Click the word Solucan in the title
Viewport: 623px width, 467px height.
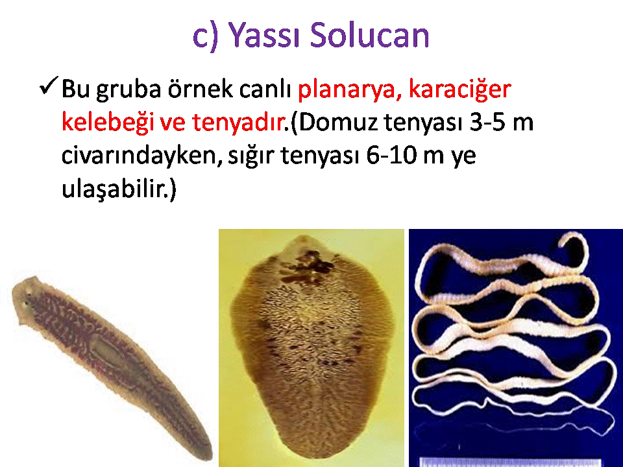click(369, 35)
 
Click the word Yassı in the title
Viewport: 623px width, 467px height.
click(264, 35)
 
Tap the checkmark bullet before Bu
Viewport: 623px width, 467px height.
click(49, 86)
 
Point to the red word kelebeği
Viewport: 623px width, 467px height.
click(107, 121)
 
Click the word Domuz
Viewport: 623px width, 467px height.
click(337, 123)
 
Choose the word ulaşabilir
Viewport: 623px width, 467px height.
click(114, 188)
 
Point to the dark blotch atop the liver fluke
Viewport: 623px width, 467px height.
click(308, 266)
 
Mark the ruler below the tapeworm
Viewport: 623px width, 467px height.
click(511, 462)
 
